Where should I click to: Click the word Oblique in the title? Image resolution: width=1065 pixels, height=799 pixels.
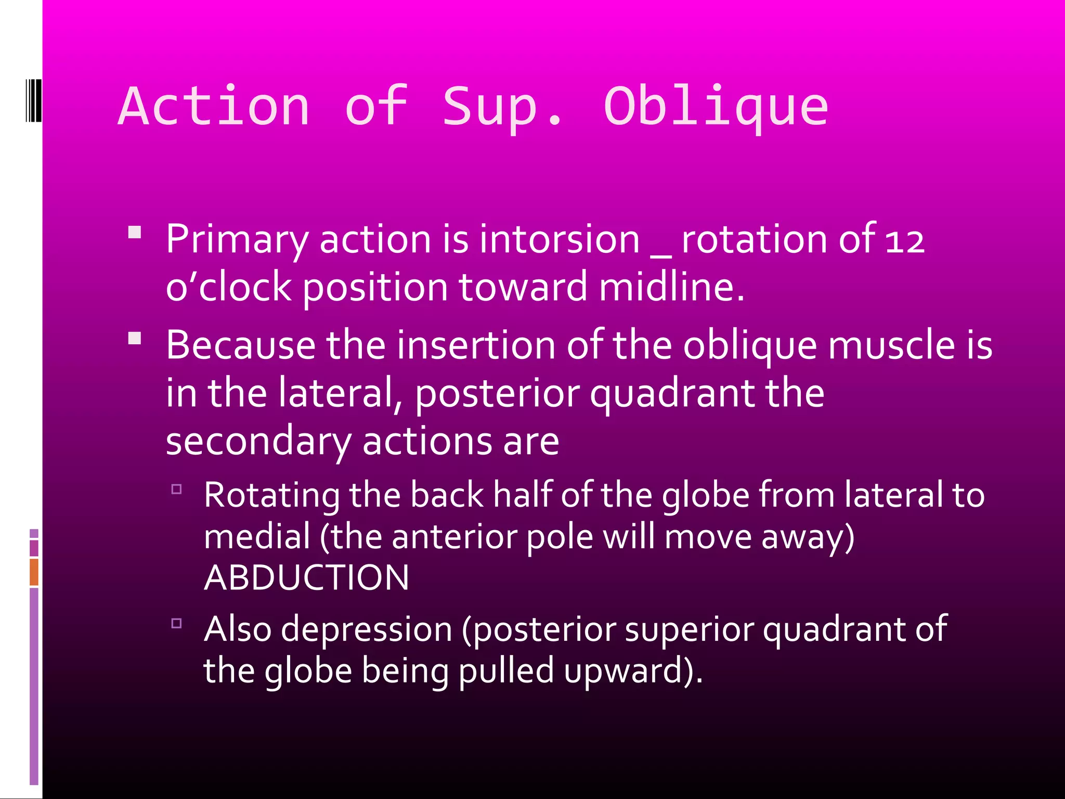pos(716,107)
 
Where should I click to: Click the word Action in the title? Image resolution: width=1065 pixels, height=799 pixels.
pos(214,107)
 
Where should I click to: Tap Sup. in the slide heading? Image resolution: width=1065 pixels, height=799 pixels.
pos(502,107)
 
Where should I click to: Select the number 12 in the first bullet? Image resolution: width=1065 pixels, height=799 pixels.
pos(905,241)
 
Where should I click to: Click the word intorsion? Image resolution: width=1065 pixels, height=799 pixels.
pos(559,239)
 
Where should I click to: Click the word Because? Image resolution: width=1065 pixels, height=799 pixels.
pos(241,345)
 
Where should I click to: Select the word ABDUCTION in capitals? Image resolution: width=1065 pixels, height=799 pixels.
pos(307,578)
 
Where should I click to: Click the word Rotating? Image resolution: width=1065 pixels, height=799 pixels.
pos(271,495)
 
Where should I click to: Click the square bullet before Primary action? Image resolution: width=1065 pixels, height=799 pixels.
pos(135,232)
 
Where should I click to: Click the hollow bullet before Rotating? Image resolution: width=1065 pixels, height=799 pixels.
pos(177,489)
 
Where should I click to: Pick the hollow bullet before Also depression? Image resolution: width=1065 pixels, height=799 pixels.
pos(177,623)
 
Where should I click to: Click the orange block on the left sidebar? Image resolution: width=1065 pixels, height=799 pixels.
pos(34,572)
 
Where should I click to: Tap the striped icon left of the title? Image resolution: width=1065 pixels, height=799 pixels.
pos(33,100)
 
